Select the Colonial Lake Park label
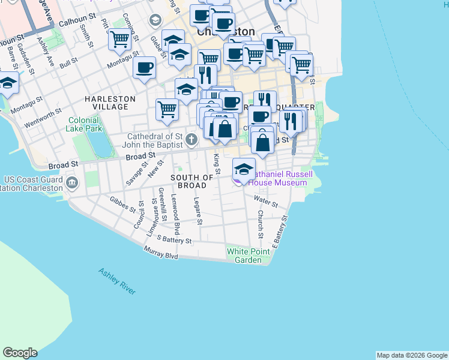click(84, 124)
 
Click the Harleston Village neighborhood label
click(106, 103)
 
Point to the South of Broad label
click(192, 181)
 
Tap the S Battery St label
click(173, 239)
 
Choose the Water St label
click(265, 201)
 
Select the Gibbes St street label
click(122, 204)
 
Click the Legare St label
click(198, 213)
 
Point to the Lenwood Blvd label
click(175, 214)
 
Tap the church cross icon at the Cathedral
click(191, 140)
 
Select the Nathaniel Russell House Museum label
click(278, 178)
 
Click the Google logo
click(20, 353)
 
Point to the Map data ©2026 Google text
click(412, 355)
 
